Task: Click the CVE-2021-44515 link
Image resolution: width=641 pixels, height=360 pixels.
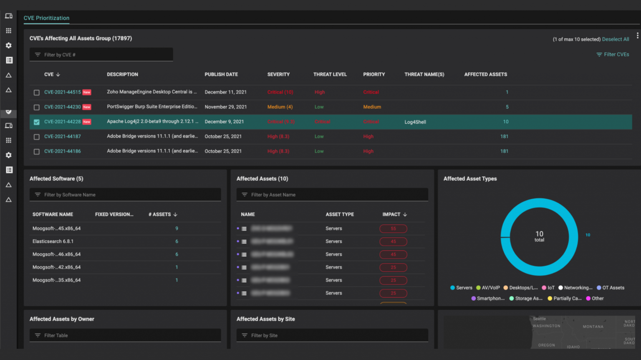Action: [63, 92]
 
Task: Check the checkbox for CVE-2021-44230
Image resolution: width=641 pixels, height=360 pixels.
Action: [37, 107]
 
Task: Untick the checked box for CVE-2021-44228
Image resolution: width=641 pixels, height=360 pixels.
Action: [37, 122]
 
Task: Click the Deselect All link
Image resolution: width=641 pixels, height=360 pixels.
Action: [615, 39]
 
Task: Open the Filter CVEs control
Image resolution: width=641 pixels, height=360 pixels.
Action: [613, 55]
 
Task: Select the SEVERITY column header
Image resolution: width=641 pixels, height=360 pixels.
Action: [278, 74]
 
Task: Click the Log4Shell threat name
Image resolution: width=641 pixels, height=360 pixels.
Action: [415, 122]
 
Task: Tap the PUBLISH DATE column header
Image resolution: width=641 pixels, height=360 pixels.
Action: [221, 74]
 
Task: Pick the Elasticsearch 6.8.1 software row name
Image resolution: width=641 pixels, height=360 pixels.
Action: [53, 241]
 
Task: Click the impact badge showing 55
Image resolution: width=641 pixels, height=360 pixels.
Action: [393, 228]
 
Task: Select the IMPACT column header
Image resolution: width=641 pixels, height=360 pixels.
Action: [391, 214]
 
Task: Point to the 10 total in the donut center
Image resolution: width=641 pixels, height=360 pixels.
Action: [539, 236]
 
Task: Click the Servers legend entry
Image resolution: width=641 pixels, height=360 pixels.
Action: [462, 288]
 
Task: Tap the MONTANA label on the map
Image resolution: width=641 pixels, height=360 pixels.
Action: [593, 327]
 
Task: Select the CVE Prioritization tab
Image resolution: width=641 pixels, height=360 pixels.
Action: [46, 18]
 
